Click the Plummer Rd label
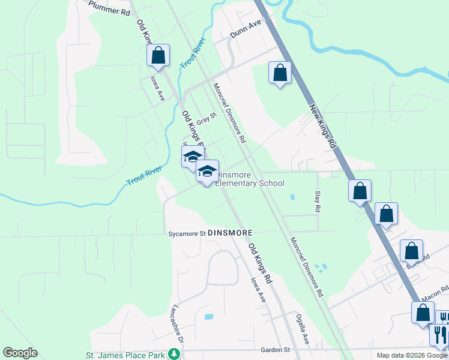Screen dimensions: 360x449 (x=109, y=8)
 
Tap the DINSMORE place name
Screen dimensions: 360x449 (x=231, y=232)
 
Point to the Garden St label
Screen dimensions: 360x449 (x=275, y=350)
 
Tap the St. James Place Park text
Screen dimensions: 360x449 (x=125, y=355)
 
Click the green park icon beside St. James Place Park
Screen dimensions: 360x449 (x=174, y=354)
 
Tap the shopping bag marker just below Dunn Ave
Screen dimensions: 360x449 (x=280, y=73)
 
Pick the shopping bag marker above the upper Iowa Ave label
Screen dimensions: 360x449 (x=158, y=55)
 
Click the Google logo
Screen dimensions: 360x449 (x=20, y=353)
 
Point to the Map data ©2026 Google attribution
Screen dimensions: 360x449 (x=412, y=355)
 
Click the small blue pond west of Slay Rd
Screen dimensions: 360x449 (x=292, y=197)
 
